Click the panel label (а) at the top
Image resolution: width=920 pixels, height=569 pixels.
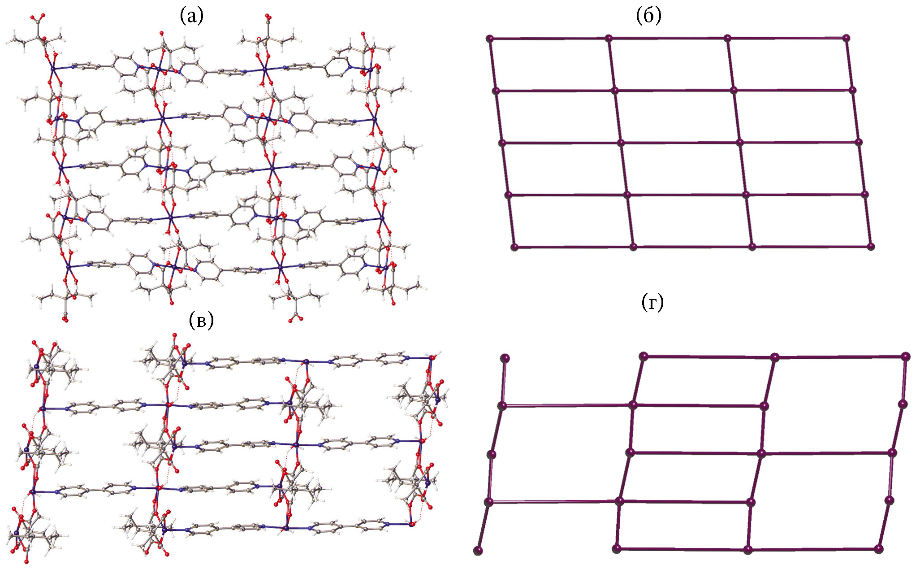click(191, 16)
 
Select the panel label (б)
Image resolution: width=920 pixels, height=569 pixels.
click(648, 16)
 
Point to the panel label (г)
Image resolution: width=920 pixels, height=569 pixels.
click(652, 303)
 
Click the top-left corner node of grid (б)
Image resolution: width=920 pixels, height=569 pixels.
click(490, 39)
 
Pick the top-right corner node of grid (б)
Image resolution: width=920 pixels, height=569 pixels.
click(846, 38)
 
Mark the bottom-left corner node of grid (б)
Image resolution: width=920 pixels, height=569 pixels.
click(514, 247)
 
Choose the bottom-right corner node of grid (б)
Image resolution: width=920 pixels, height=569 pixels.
click(871, 246)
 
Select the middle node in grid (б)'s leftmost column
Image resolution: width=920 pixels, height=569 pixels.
click(502, 143)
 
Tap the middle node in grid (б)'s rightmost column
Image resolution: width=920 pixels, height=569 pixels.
click(859, 142)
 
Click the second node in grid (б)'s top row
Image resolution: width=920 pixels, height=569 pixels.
click(609, 39)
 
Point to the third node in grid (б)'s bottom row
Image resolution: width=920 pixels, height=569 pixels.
click(752, 247)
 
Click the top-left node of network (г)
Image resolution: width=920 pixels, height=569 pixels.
click(505, 358)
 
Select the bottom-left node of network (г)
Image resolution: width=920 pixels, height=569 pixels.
click(479, 551)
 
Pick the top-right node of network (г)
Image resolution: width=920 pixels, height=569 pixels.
click(906, 357)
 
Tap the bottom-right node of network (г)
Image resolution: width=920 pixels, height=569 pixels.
click(879, 549)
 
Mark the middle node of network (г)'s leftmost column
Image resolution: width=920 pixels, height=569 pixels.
click(492, 455)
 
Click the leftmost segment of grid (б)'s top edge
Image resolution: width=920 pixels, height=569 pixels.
click(549, 39)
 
